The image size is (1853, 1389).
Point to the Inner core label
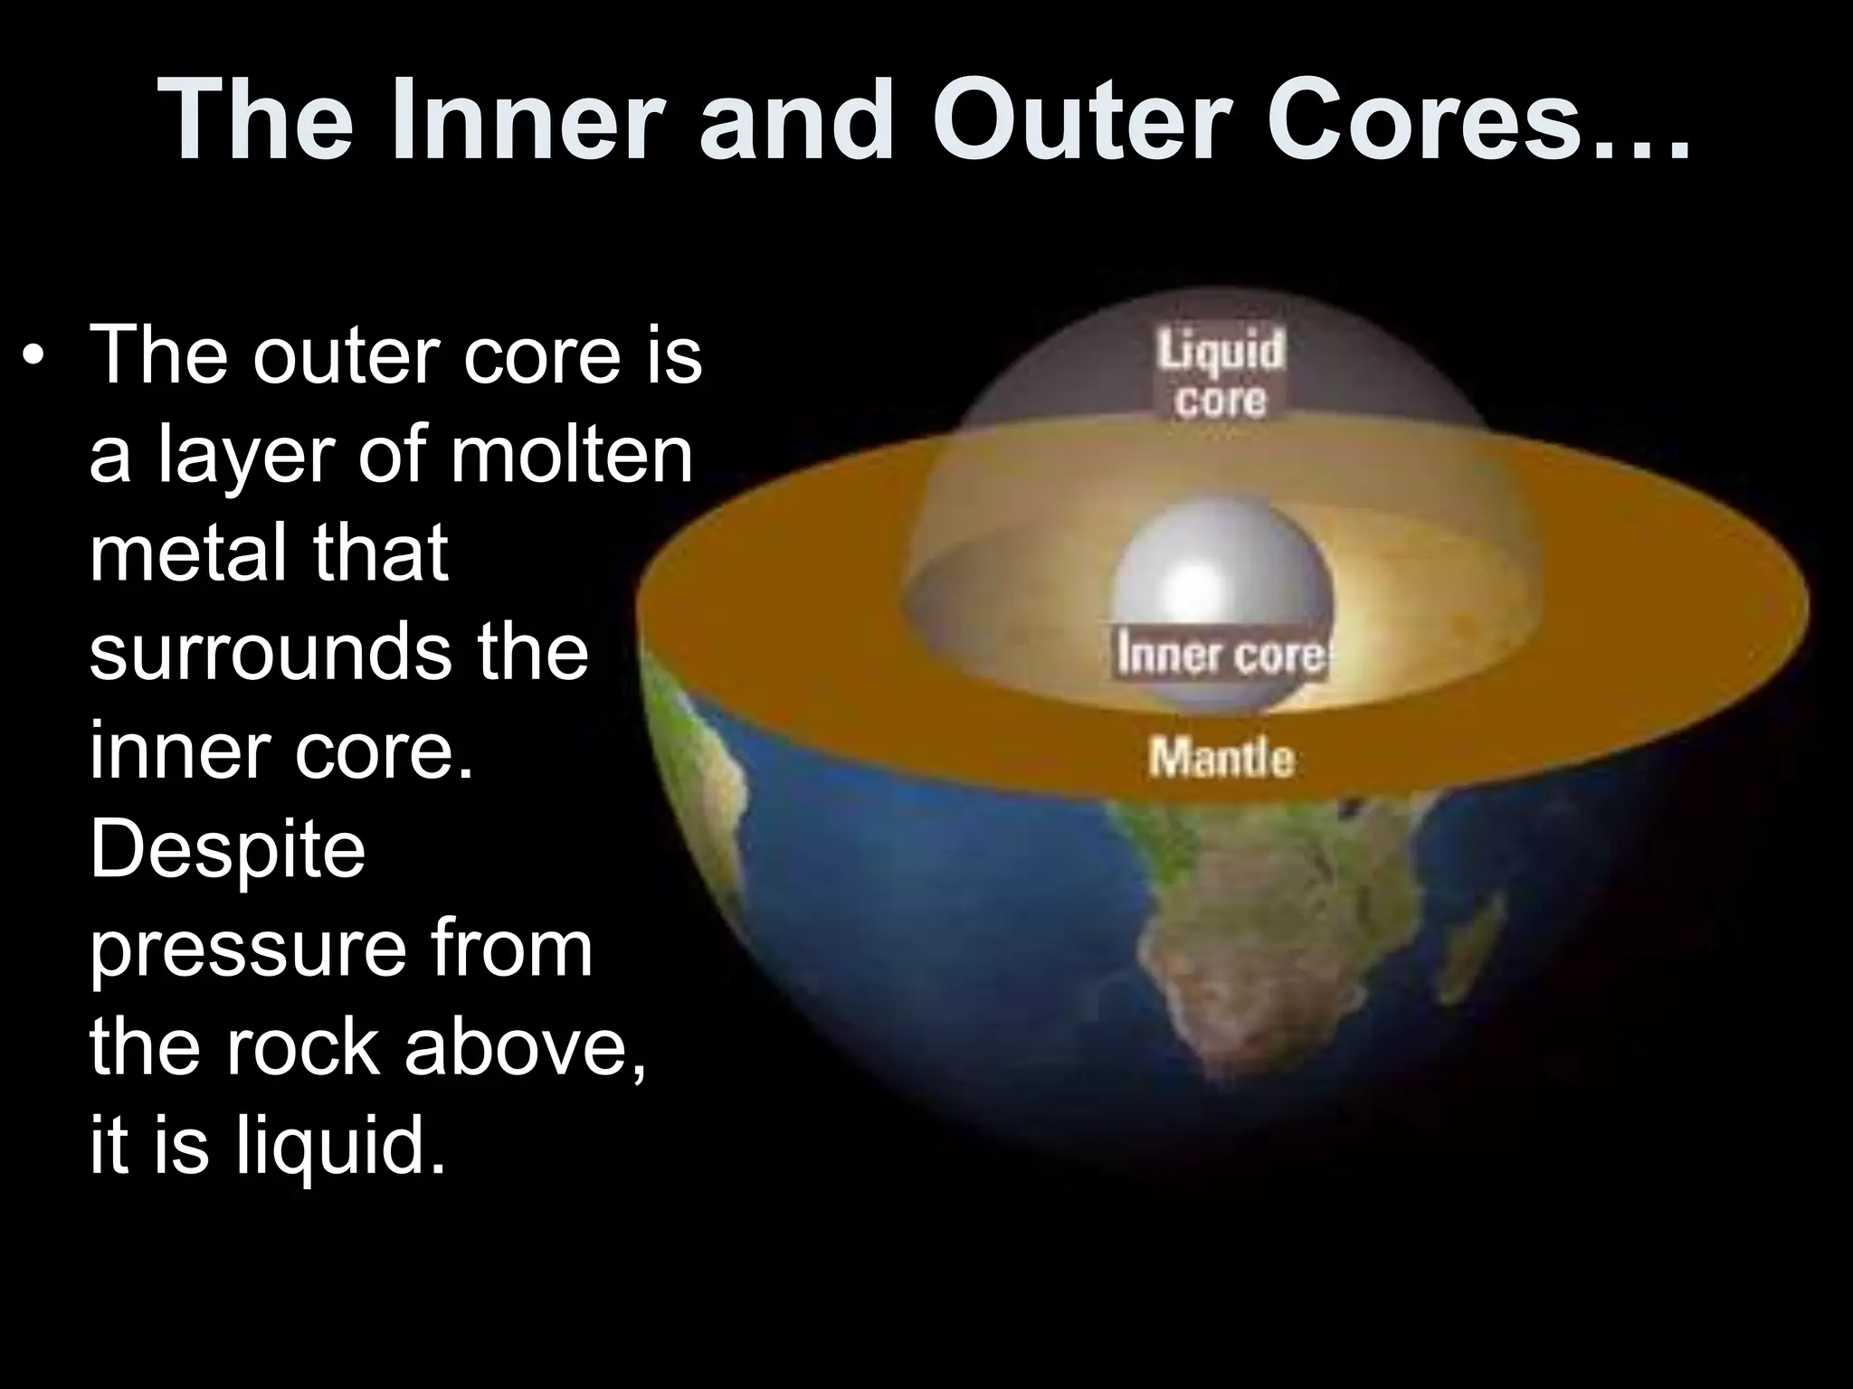(1221, 655)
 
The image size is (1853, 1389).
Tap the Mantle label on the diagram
(1221, 757)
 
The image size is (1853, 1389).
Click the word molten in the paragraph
(571, 454)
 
